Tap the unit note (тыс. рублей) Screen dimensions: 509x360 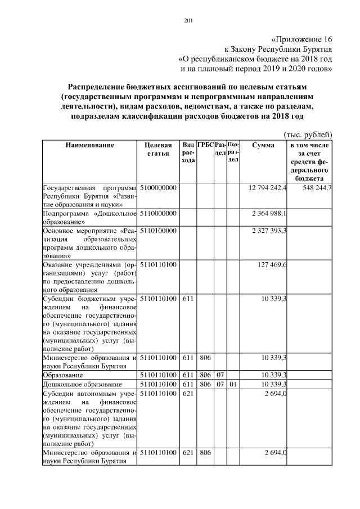point(307,134)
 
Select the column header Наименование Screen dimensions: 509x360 point(90,145)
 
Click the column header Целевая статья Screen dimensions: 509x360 point(158,149)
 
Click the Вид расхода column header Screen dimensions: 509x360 point(188,152)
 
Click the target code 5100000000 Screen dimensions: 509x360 point(158,187)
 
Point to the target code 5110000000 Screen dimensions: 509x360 point(158,213)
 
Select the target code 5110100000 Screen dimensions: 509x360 point(158,231)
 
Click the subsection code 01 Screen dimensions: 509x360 point(233,384)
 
